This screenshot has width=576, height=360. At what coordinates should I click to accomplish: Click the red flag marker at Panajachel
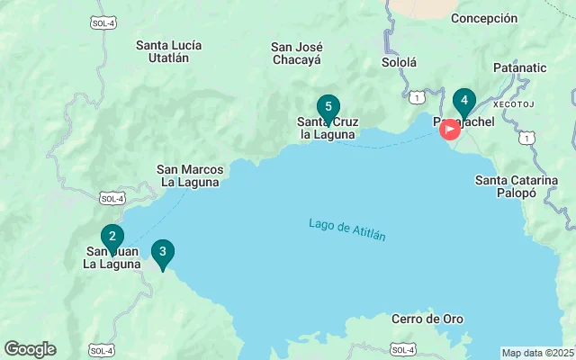tap(449, 130)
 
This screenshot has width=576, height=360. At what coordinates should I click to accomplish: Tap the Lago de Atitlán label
tap(346, 229)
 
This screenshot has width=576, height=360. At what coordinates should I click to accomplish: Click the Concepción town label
tap(484, 18)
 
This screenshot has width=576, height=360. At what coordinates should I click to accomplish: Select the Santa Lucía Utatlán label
tap(168, 51)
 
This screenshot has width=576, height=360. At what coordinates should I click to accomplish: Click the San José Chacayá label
tap(297, 53)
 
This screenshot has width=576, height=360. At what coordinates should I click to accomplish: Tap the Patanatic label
tap(519, 67)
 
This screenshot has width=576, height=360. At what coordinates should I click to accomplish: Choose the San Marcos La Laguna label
tap(188, 175)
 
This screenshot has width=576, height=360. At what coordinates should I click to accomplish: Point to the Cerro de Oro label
tap(427, 319)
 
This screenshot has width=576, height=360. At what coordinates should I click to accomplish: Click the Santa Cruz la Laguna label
tap(328, 128)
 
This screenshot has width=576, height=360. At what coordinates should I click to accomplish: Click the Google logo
tap(30, 349)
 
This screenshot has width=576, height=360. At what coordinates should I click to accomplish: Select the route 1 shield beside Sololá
tap(416, 96)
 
